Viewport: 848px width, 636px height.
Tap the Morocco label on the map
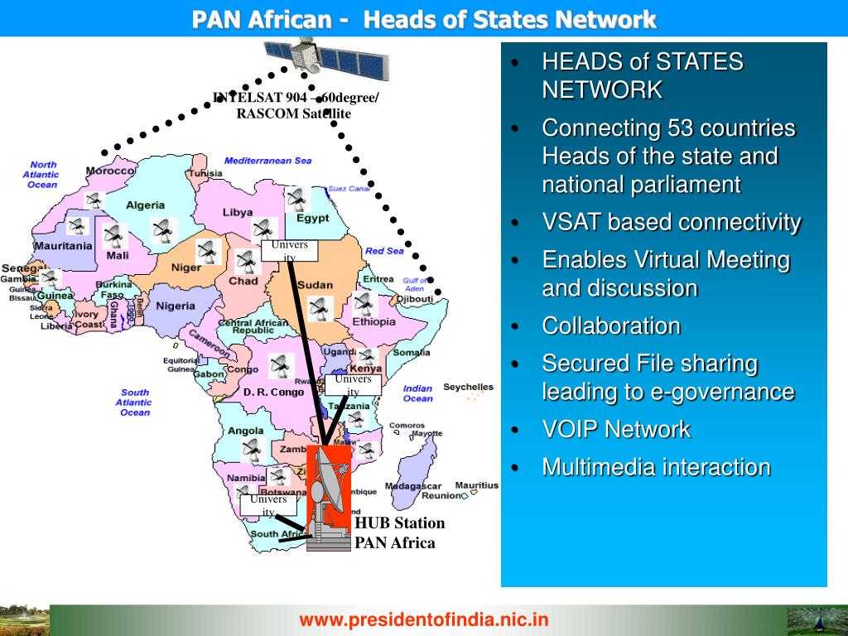tap(110, 170)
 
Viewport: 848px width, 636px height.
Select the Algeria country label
tap(145, 205)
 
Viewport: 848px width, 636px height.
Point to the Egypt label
tap(312, 219)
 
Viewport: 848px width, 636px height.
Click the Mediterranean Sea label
tap(267, 160)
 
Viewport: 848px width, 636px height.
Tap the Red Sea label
tap(384, 251)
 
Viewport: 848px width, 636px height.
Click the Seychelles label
tap(468, 387)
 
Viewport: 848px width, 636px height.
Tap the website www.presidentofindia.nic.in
tap(424, 619)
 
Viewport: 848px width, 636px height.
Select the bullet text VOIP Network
tap(616, 430)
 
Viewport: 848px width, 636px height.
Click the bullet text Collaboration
tap(611, 325)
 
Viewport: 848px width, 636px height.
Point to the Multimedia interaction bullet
tap(656, 467)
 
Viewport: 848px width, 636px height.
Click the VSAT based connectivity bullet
tap(671, 222)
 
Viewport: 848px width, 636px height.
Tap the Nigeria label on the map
tap(176, 306)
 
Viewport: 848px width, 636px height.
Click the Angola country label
tap(245, 431)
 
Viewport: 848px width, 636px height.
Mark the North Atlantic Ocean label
tap(42, 175)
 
